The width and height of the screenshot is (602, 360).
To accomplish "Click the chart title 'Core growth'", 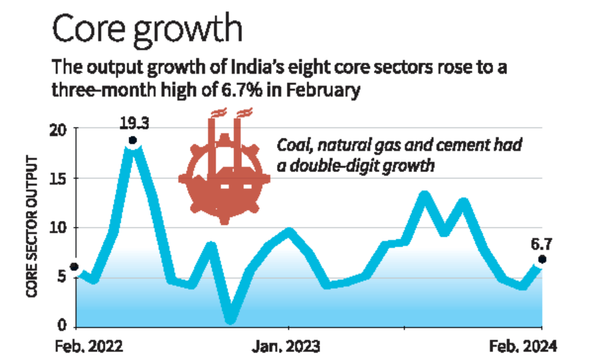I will click(x=146, y=30).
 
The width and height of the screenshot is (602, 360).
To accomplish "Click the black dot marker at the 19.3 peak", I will click(x=133, y=140).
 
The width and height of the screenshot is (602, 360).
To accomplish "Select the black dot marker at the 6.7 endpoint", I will click(x=542, y=259).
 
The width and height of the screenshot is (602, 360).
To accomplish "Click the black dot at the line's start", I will click(x=75, y=267).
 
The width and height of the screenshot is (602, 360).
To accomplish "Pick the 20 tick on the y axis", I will click(x=60, y=129).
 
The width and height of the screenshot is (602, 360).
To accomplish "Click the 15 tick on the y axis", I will click(x=61, y=179).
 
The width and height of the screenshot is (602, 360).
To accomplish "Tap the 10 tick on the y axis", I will click(x=60, y=227).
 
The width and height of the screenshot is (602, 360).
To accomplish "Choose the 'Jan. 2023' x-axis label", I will click(x=288, y=346).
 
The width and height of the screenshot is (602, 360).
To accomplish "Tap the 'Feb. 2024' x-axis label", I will click(x=526, y=346).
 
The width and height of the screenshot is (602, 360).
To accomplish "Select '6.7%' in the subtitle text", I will click(x=244, y=90).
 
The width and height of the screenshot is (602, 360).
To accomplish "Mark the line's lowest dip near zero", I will click(x=229, y=318).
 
